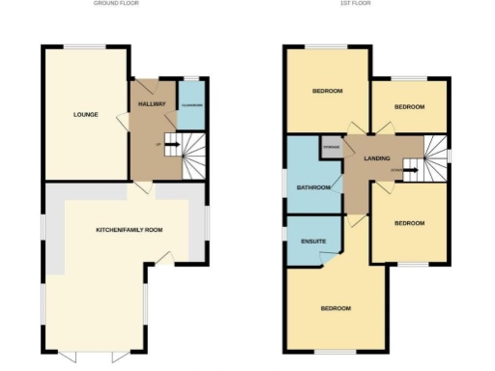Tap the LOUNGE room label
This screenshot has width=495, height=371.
click(x=86, y=115)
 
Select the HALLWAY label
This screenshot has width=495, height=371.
click(x=152, y=103)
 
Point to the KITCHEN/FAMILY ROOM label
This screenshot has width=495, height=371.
click(x=129, y=230)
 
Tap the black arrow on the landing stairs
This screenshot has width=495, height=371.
click(x=410, y=171)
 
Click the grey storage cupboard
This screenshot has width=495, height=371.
click(x=331, y=148)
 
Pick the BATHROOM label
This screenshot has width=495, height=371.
click(x=313, y=187)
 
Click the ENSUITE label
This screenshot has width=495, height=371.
click(x=312, y=241)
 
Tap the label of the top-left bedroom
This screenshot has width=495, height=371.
click(x=327, y=91)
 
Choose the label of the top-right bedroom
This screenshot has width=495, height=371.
click(x=410, y=108)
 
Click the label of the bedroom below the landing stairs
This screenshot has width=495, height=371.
click(x=408, y=223)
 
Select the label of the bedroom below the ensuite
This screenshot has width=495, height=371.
click(x=335, y=308)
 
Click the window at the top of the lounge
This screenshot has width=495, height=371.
click(x=79, y=45)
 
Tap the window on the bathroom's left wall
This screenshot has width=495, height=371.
click(x=284, y=183)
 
